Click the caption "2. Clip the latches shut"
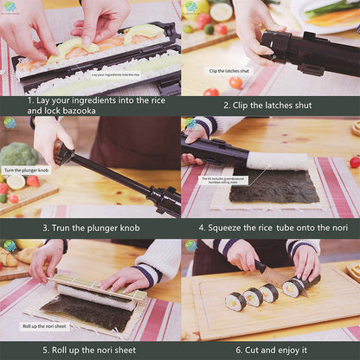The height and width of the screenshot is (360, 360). pyautogui.click(x=269, y=106)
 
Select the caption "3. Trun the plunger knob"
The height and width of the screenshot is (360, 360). pyautogui.click(x=89, y=228)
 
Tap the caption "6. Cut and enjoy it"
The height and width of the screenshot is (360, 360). pyautogui.click(x=269, y=350)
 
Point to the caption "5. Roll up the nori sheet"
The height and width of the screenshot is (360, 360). pyautogui.click(x=89, y=350)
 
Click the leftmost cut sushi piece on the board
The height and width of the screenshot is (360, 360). pyautogui.click(x=235, y=301)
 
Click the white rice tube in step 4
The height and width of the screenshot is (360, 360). pyautogui.click(x=276, y=161)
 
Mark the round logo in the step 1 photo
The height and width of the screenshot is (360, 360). pyautogui.click(x=10, y=8)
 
